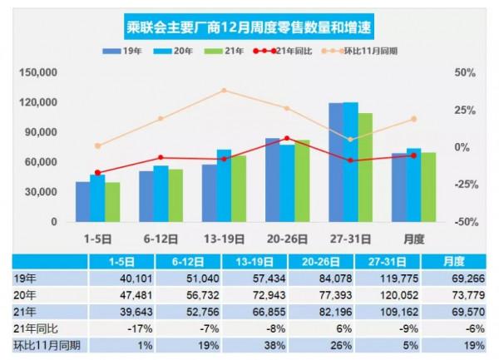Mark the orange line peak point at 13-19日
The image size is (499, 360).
(x=224, y=90)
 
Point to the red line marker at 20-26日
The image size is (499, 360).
(x=286, y=139)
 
